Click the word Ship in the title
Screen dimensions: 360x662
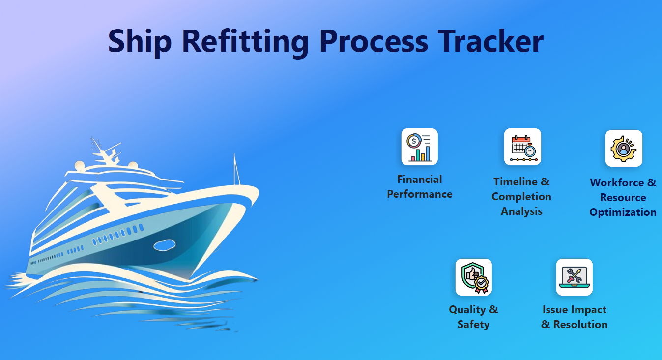pos(140,41)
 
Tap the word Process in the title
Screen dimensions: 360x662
pos(374,41)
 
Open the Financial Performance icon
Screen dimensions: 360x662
pos(419,147)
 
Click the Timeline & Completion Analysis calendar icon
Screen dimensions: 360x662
pos(522,147)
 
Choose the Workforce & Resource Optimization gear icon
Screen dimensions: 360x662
pos(624,148)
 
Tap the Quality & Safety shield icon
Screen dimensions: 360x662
pos(473,277)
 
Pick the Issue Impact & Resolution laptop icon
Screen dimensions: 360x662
pos(574,277)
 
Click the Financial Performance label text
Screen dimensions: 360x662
pos(419,187)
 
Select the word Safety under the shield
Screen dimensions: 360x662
pos(473,325)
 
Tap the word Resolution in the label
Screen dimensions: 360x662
pos(580,325)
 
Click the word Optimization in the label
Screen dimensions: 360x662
pos(623,212)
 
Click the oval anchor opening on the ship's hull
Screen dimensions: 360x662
pos(165,244)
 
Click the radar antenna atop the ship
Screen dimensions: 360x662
pos(98,148)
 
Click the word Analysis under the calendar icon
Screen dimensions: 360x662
pos(521,211)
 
